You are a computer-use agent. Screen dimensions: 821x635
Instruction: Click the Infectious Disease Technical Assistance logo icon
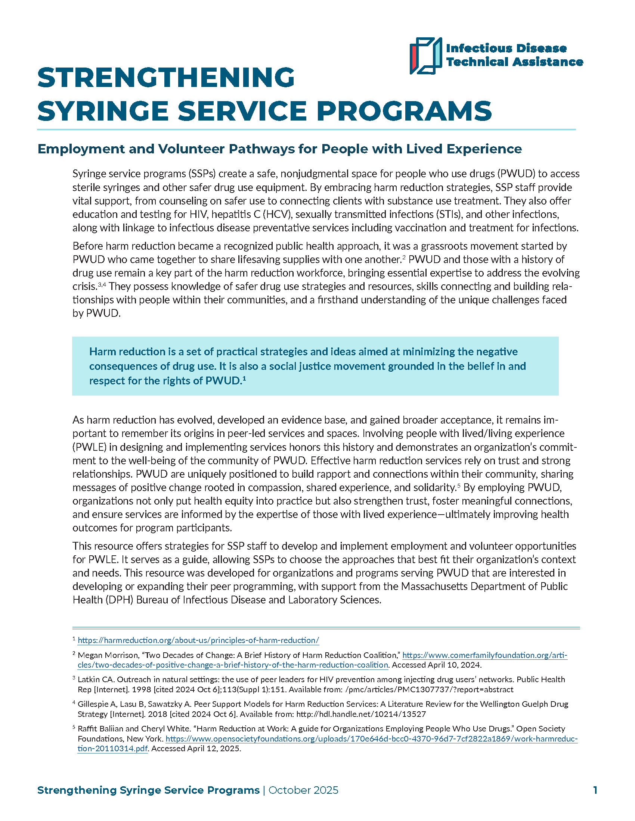point(425,56)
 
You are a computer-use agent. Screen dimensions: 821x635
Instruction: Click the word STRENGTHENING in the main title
point(165,78)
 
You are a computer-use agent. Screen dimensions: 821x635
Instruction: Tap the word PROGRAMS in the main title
point(404,111)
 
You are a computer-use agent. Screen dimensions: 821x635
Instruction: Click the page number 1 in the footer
point(595,790)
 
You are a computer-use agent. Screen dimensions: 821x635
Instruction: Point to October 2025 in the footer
point(303,790)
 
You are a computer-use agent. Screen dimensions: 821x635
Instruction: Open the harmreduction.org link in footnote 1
point(198,640)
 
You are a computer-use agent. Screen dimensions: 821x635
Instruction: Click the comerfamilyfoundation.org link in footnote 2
point(484,655)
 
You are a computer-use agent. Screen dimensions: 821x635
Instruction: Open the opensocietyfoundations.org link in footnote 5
point(371,739)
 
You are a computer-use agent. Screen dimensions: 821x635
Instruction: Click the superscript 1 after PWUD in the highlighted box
point(244,379)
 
